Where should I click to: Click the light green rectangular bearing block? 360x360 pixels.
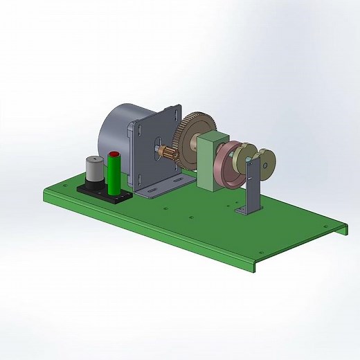click(210, 162)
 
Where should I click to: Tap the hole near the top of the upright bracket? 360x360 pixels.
click(265, 165)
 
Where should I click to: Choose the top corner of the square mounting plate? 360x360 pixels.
click(179, 106)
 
